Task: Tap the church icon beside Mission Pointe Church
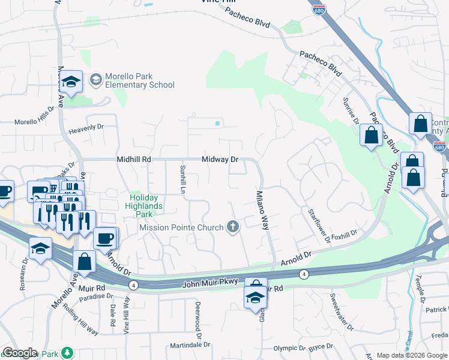point(233,227)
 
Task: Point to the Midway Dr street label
point(220,160)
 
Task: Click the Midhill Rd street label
point(133,160)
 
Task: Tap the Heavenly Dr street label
point(86,127)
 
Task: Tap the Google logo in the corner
point(20,353)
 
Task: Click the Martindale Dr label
point(190,345)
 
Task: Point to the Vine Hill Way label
point(127,317)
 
